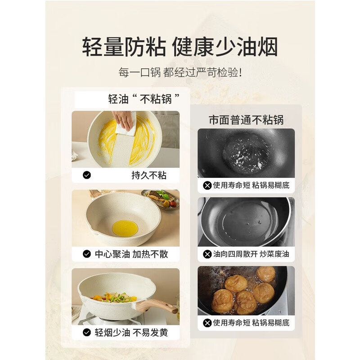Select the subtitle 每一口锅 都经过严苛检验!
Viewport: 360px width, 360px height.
(180, 72)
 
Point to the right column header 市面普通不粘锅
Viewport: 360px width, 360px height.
(246, 120)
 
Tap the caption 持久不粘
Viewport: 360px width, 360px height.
(148, 175)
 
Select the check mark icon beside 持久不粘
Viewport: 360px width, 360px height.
(87, 175)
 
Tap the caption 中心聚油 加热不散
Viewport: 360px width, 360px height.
(131, 254)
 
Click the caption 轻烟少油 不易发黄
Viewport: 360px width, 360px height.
(131, 333)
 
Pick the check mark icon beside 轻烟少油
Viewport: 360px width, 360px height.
(87, 333)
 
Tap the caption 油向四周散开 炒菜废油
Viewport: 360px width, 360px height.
(251, 254)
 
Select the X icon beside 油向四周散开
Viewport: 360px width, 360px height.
(207, 254)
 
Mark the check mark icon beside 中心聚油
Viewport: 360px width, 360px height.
(87, 254)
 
